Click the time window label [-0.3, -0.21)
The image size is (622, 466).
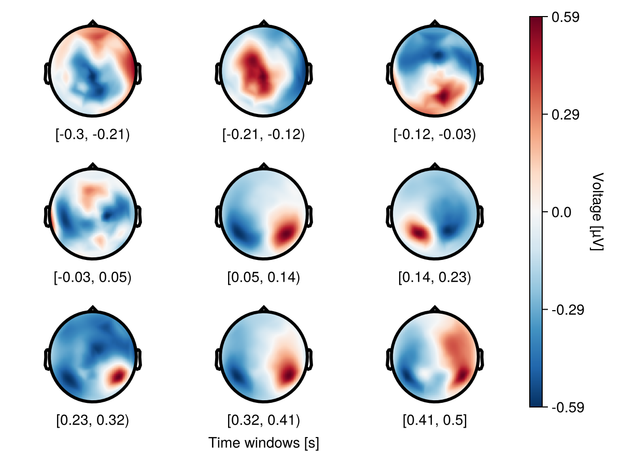tap(92, 135)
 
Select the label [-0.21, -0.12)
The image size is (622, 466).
tap(263, 135)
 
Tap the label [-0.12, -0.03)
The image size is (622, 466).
tap(434, 135)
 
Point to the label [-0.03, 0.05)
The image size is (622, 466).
tap(92, 278)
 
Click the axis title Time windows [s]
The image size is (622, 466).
tap(263, 443)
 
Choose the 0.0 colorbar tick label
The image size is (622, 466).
tap(561, 212)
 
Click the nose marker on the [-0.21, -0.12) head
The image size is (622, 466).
tap(263, 23)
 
